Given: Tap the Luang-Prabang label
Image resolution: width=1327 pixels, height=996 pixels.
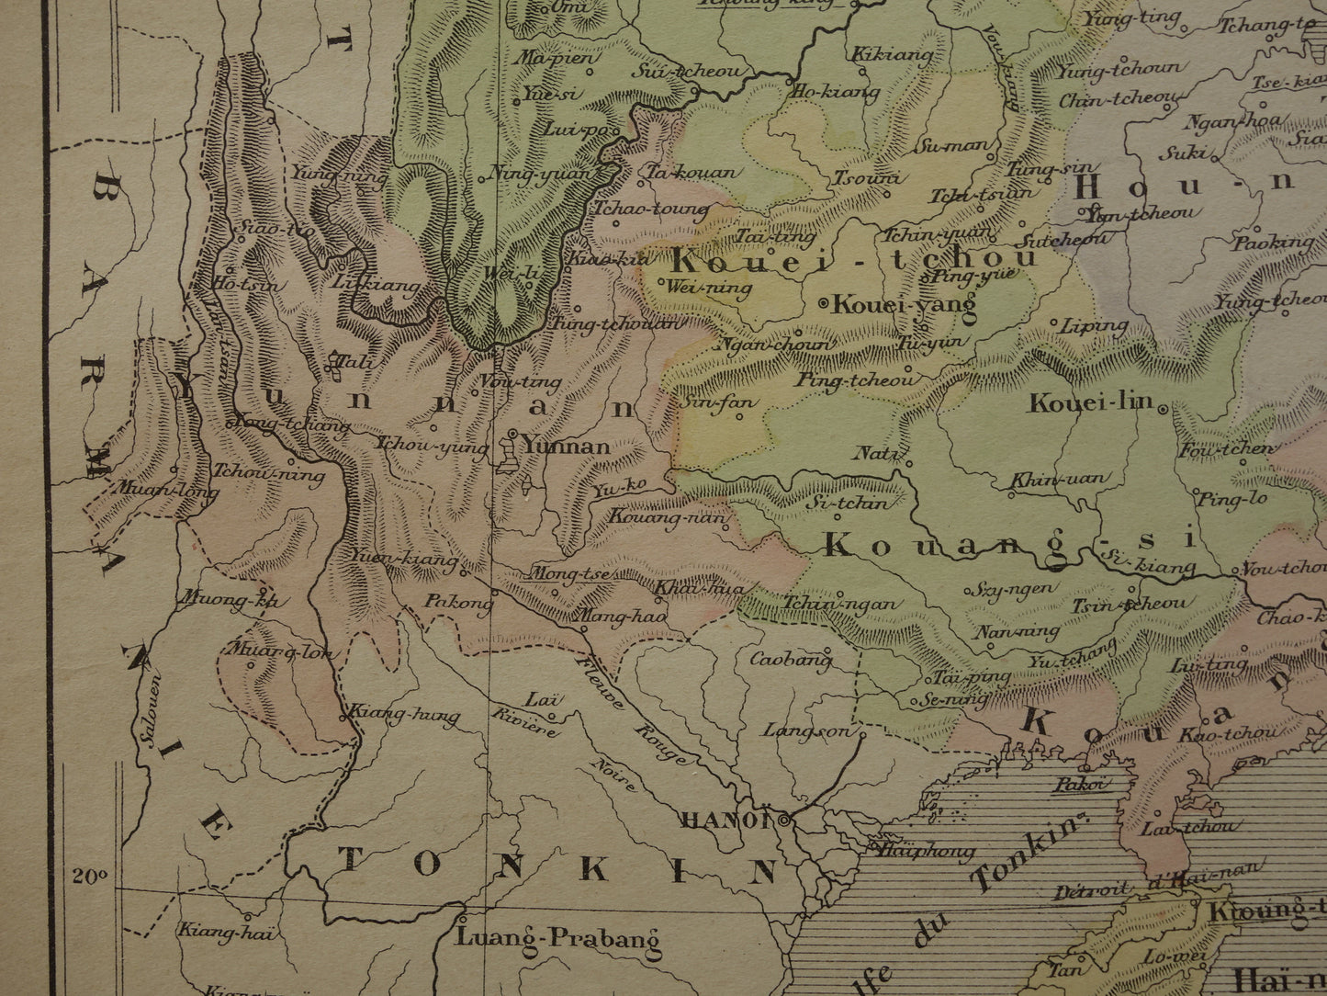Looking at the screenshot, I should [x=558, y=939].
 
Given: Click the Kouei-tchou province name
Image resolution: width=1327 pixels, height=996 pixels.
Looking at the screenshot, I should [x=854, y=257].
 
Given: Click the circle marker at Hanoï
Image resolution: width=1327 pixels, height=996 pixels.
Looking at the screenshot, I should [x=783, y=819].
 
